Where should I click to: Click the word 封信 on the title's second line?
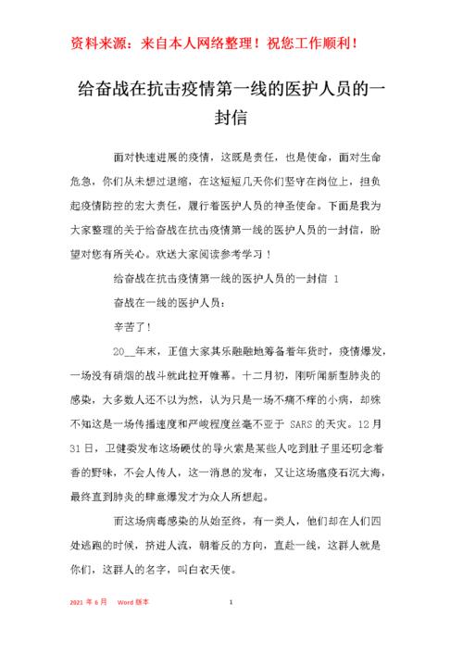click(x=231, y=119)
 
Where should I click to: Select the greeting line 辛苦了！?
click(x=131, y=327)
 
